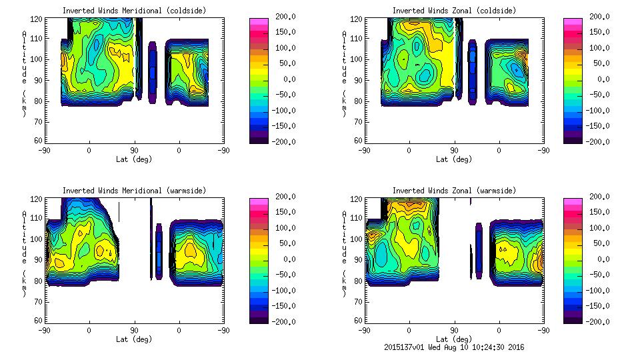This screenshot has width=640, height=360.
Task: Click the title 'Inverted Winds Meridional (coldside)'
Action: point(134,11)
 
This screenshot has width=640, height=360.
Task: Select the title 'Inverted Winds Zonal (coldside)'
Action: point(454,11)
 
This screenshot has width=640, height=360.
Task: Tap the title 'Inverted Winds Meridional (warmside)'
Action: point(134,191)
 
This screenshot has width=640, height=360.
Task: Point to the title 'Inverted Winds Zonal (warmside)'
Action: point(454,191)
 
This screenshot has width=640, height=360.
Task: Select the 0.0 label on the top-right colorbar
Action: point(599,79)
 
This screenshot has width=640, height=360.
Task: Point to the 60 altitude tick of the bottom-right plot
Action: point(358,321)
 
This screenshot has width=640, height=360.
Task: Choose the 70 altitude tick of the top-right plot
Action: point(358,121)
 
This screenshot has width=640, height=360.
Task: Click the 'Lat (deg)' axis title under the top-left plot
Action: point(134,159)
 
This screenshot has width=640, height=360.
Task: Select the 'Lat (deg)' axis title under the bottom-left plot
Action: point(134,339)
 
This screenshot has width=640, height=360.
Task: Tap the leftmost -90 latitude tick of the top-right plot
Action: point(364,150)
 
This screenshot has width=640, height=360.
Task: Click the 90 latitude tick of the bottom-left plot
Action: point(134,330)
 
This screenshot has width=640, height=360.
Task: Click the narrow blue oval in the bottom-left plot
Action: point(159,250)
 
